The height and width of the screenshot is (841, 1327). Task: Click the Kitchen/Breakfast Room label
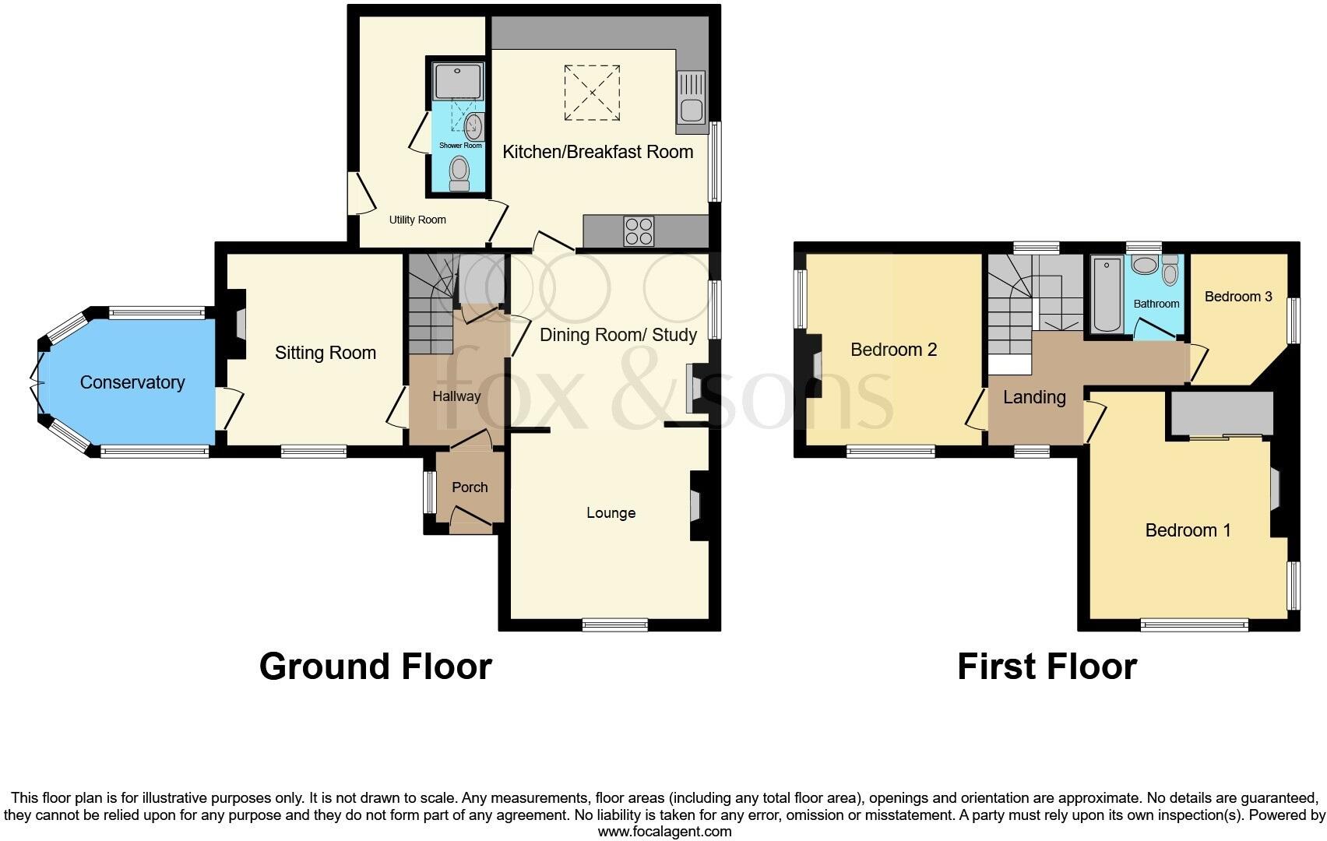click(x=597, y=152)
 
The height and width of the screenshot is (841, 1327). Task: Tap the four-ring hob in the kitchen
click(x=639, y=231)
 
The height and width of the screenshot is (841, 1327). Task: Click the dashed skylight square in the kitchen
click(x=592, y=93)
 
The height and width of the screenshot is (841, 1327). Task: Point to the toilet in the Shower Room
click(x=459, y=172)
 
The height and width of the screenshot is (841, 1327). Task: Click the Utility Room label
click(x=417, y=220)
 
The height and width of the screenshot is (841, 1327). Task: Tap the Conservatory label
click(x=132, y=382)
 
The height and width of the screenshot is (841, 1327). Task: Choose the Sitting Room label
click(x=325, y=353)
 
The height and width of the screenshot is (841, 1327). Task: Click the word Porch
click(x=470, y=487)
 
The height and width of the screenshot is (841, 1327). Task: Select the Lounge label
click(x=611, y=513)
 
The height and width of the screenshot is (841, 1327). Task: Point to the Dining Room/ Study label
click(x=618, y=335)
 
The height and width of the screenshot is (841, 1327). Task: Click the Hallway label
click(x=456, y=396)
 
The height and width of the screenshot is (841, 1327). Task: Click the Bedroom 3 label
click(x=1237, y=297)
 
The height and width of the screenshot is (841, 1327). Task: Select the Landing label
click(x=1034, y=397)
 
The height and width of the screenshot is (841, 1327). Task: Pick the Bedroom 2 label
click(x=893, y=350)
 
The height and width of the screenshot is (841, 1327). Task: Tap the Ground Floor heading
click(x=375, y=667)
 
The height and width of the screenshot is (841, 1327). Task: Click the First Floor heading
click(x=1047, y=667)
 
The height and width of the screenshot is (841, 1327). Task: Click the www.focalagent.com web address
click(x=664, y=831)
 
